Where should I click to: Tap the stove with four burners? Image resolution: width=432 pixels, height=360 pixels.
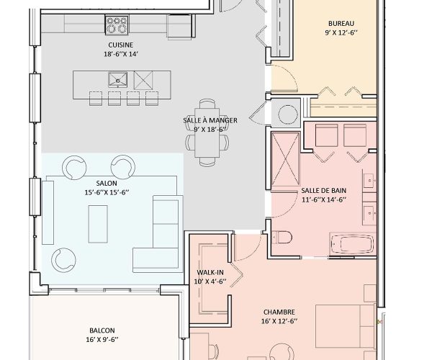pos(117,26)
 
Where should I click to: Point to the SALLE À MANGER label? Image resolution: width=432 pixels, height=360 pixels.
pos(206,120)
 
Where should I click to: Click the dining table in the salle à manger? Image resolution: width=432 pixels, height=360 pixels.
pos(207,140)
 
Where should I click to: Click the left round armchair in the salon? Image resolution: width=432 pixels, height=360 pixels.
pos(74,168)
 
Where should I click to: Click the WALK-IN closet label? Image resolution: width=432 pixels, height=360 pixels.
pos(210,272)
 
